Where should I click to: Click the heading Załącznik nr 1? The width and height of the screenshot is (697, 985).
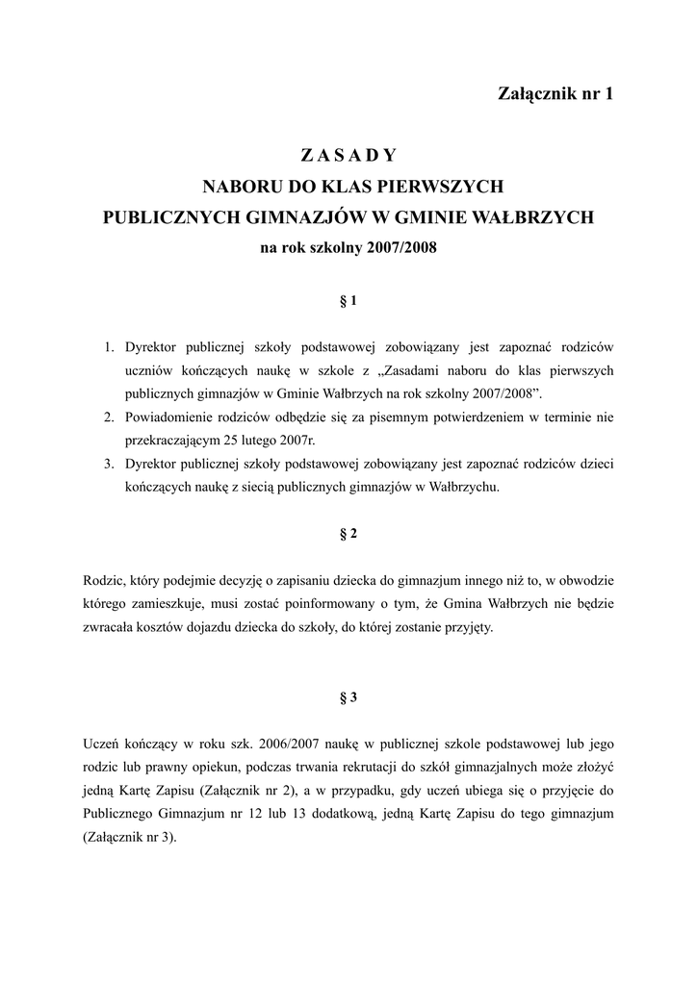click(555, 93)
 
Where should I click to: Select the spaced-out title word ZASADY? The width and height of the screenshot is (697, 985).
click(348, 154)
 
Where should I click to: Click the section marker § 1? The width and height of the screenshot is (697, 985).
click(348, 301)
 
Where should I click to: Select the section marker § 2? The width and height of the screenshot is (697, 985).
click(348, 535)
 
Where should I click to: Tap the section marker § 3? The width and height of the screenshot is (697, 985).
click(348, 698)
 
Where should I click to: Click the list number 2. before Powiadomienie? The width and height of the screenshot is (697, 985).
click(110, 417)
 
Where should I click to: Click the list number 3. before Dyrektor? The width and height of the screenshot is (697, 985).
click(110, 464)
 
